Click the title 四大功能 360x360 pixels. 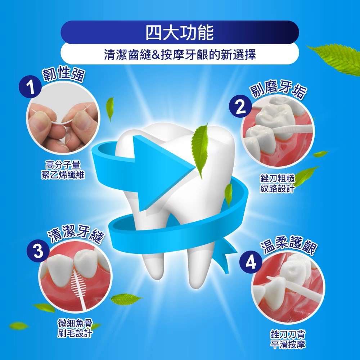[180, 32]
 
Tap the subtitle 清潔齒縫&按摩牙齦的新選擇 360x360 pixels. [180, 55]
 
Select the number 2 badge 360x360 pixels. [240, 106]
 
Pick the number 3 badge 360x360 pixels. [38, 251]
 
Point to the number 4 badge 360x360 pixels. [251, 262]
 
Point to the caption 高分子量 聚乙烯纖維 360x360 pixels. [63, 170]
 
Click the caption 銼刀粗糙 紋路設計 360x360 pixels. [277, 184]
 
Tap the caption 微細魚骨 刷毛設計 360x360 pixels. [75, 328]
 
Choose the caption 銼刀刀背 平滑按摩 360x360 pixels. [288, 339]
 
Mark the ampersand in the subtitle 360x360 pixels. [156, 55]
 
